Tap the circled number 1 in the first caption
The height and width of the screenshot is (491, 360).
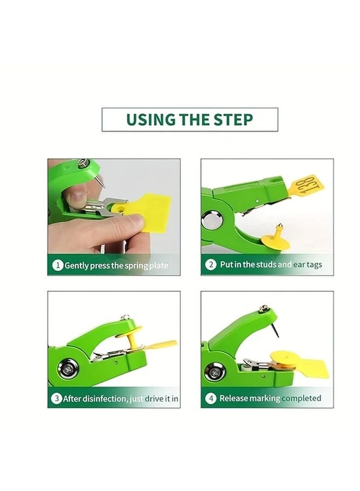tap(57, 266)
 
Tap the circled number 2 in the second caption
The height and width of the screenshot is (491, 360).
tap(211, 265)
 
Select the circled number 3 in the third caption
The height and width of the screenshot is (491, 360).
tap(56, 399)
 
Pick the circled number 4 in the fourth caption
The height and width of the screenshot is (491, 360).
tap(211, 398)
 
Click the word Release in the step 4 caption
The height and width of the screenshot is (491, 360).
tap(233, 398)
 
